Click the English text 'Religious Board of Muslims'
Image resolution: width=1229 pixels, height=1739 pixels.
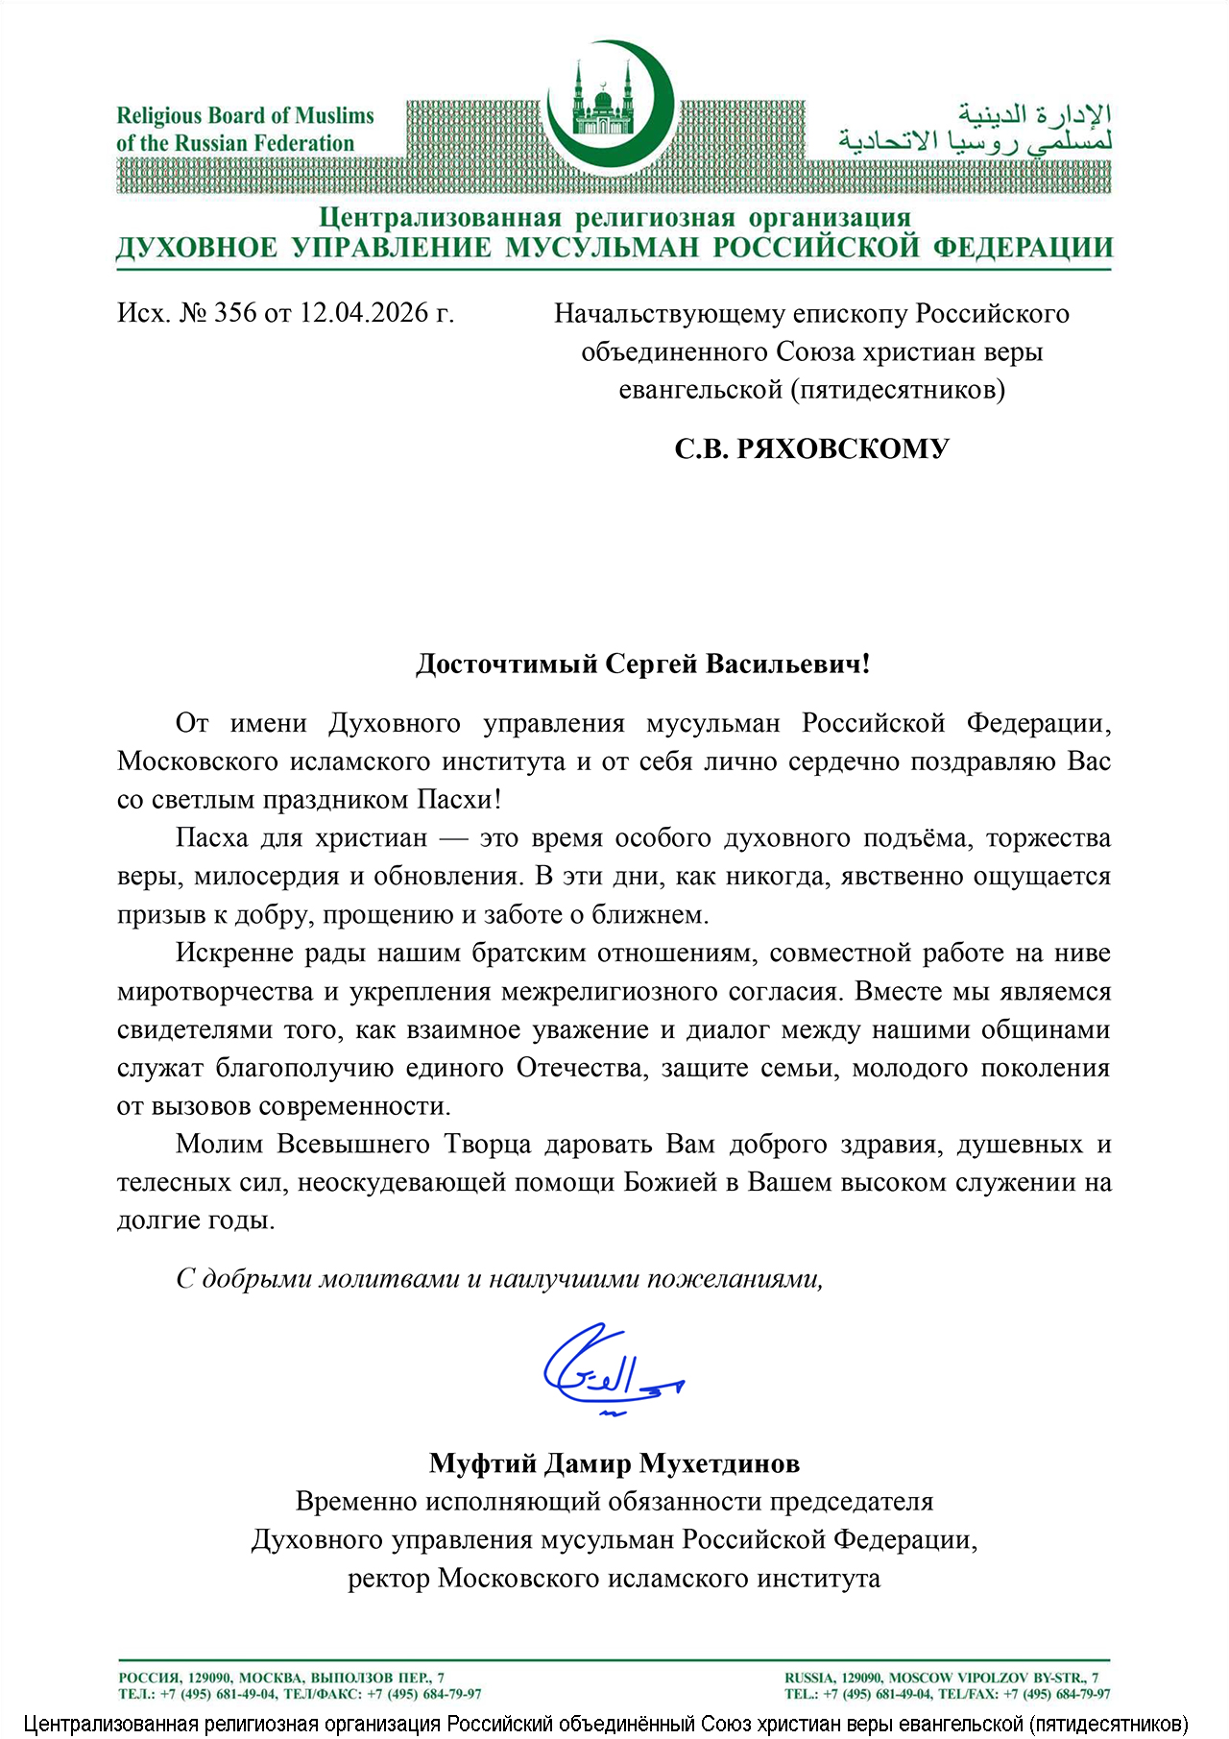[245, 116]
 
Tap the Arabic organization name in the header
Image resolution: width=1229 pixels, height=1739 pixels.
[975, 129]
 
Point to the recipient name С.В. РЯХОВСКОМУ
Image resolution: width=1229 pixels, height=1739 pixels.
[811, 448]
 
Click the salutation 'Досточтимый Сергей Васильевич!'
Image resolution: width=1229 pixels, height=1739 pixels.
[642, 664]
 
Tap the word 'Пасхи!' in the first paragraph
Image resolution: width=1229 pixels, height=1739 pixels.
[459, 799]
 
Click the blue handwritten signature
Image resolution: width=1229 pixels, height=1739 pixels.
[610, 1369]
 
